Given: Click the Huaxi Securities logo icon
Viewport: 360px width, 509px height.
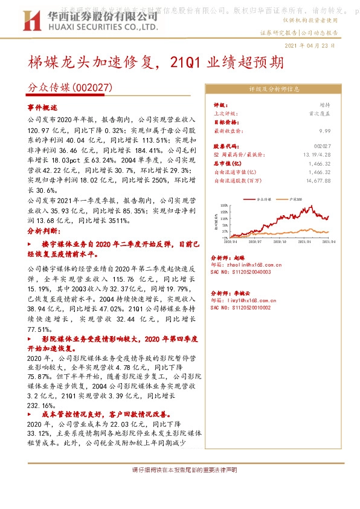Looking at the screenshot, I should (x=27, y=23).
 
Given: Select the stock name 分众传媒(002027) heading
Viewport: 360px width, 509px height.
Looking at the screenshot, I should (x=71, y=88).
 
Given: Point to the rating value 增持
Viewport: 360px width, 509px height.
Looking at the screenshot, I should (x=325, y=105).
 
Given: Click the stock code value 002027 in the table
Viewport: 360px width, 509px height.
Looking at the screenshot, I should (x=323, y=147).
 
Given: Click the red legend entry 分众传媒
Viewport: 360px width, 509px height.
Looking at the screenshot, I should (x=263, y=198).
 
